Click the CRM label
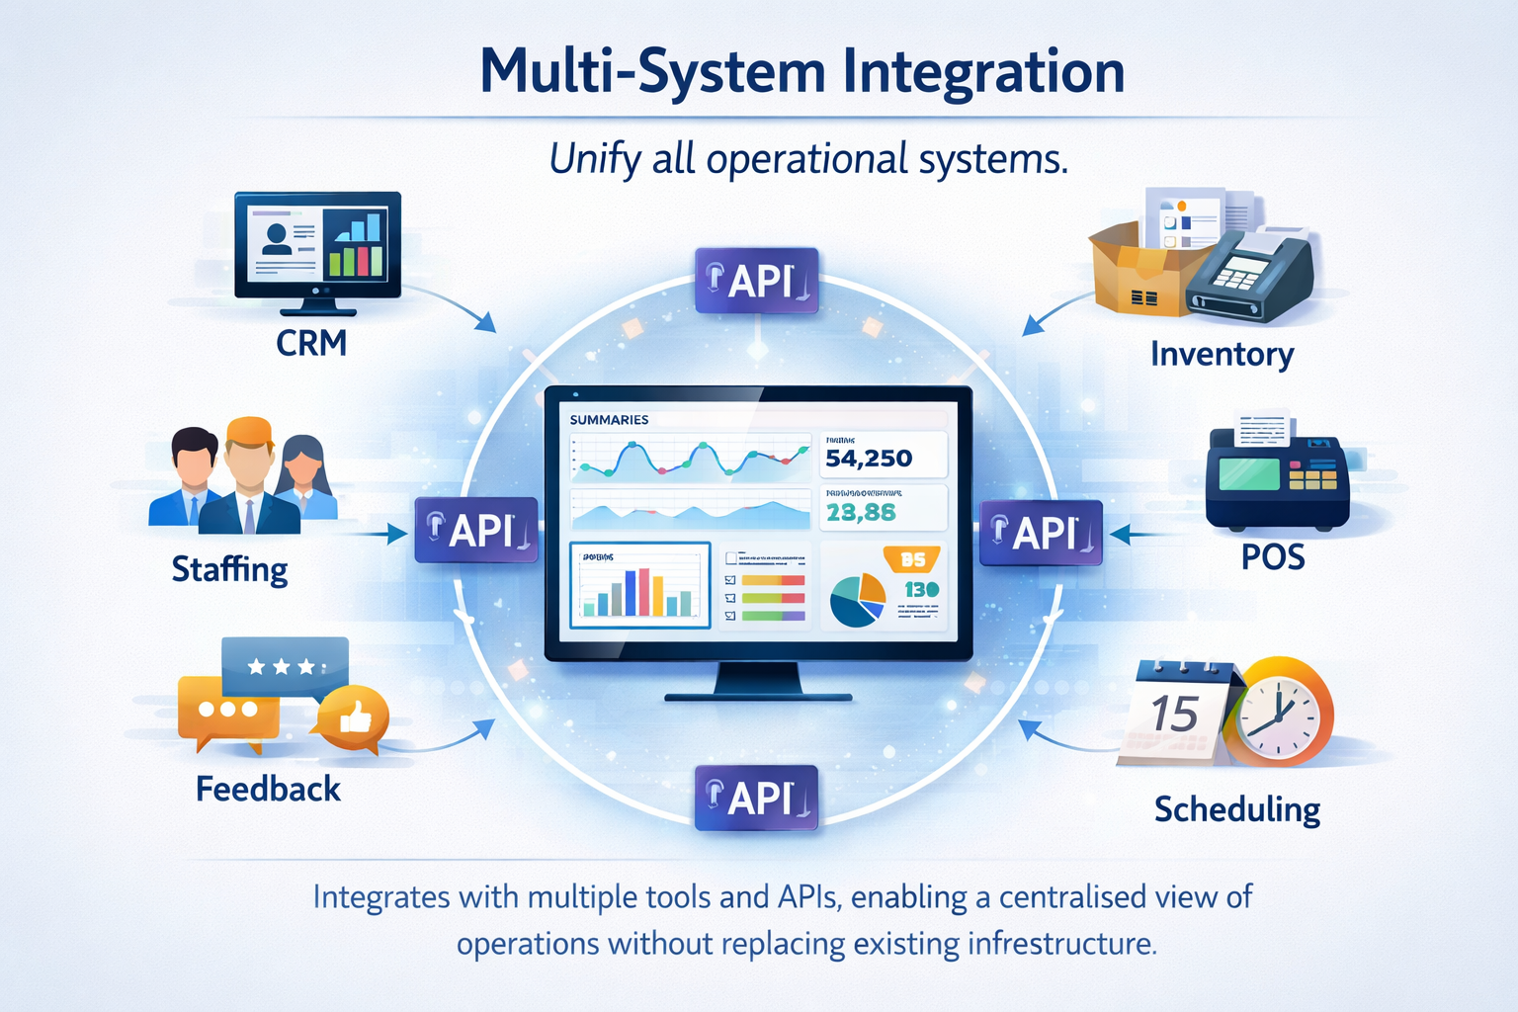tap(311, 343)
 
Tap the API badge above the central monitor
tap(757, 281)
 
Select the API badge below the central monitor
tap(757, 798)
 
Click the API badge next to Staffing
tap(476, 531)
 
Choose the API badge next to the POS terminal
tap(1041, 533)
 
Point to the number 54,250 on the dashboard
tap(869, 459)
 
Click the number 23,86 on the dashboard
tap(861, 512)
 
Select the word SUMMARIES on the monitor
tap(609, 420)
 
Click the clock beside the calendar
tap(1282, 715)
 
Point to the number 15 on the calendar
tap(1174, 715)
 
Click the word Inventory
tap(1222, 354)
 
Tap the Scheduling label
tap(1236, 809)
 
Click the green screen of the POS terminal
tap(1248, 473)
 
